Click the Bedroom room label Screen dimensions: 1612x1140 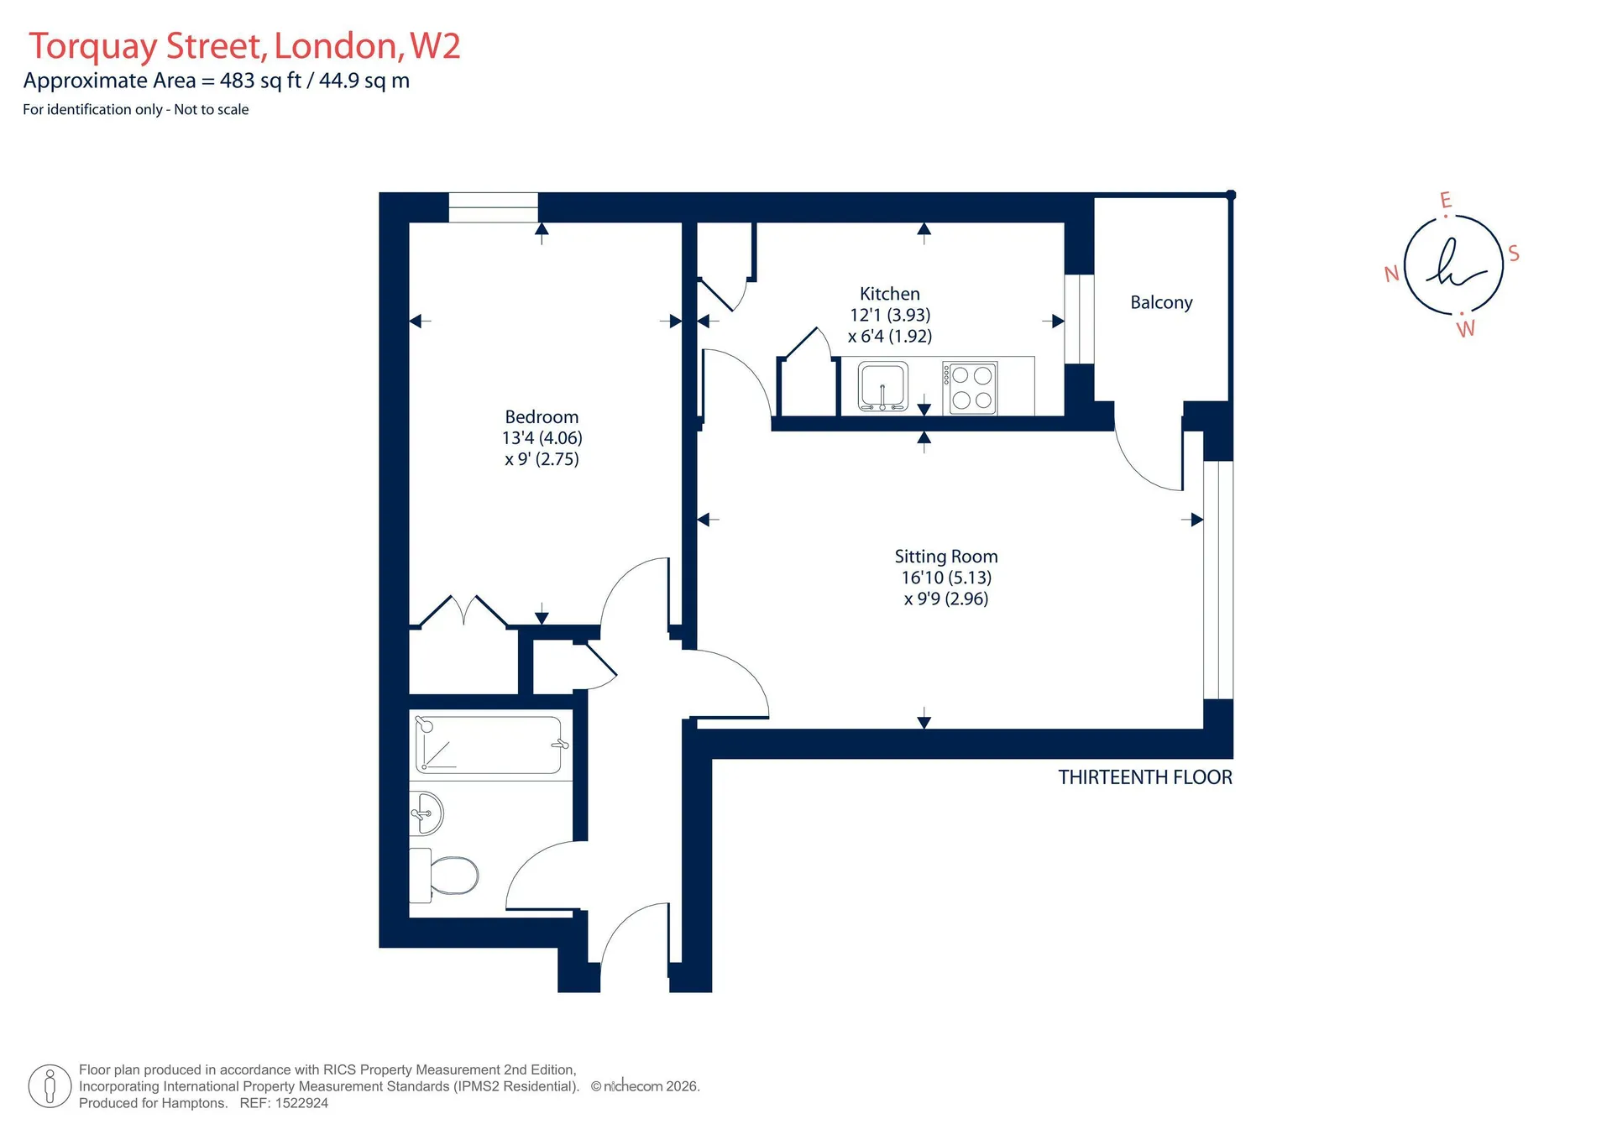[x=542, y=416]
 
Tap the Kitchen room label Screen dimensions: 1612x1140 [x=890, y=294]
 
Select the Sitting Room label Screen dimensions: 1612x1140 [x=946, y=557]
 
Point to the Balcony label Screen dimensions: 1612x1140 [x=1161, y=302]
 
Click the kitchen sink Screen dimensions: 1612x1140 [x=882, y=387]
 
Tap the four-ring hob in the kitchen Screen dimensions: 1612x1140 [x=971, y=388]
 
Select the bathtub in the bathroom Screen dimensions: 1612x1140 [x=489, y=745]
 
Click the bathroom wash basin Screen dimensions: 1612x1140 [x=426, y=813]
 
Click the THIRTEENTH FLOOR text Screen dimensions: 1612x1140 [x=1145, y=777]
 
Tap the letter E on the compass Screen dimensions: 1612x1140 [x=1446, y=200]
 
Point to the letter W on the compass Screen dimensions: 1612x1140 [x=1466, y=329]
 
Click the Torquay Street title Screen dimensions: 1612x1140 [x=148, y=46]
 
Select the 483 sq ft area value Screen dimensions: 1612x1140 [x=260, y=81]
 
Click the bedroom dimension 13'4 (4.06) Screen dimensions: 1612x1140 [x=542, y=438]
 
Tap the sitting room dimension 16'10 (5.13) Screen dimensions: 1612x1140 [x=946, y=578]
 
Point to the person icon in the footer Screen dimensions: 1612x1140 [x=50, y=1086]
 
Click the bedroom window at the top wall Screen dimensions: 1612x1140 [x=494, y=207]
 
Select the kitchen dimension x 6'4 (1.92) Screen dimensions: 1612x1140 [x=890, y=337]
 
